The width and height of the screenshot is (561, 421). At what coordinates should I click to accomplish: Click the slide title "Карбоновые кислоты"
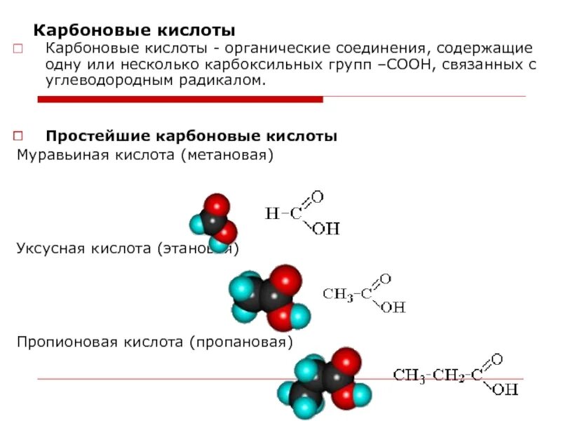[x=135, y=32]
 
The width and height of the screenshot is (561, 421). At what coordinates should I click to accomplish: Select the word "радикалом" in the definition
[x=221, y=81]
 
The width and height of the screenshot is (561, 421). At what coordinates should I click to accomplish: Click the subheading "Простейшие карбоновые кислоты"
[x=191, y=135]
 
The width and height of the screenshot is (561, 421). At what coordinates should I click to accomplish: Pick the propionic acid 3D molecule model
[x=321, y=382]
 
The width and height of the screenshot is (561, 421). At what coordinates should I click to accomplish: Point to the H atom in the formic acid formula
[x=271, y=213]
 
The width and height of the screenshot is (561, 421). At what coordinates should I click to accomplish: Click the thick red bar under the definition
[x=180, y=99]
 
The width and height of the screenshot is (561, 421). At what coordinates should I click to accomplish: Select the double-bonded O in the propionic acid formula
[x=496, y=360]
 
